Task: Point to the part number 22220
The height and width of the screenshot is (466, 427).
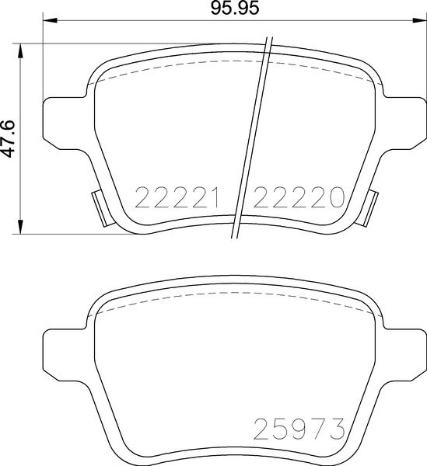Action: [x=299, y=199]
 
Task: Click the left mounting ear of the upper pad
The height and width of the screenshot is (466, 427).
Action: [x=62, y=118]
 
